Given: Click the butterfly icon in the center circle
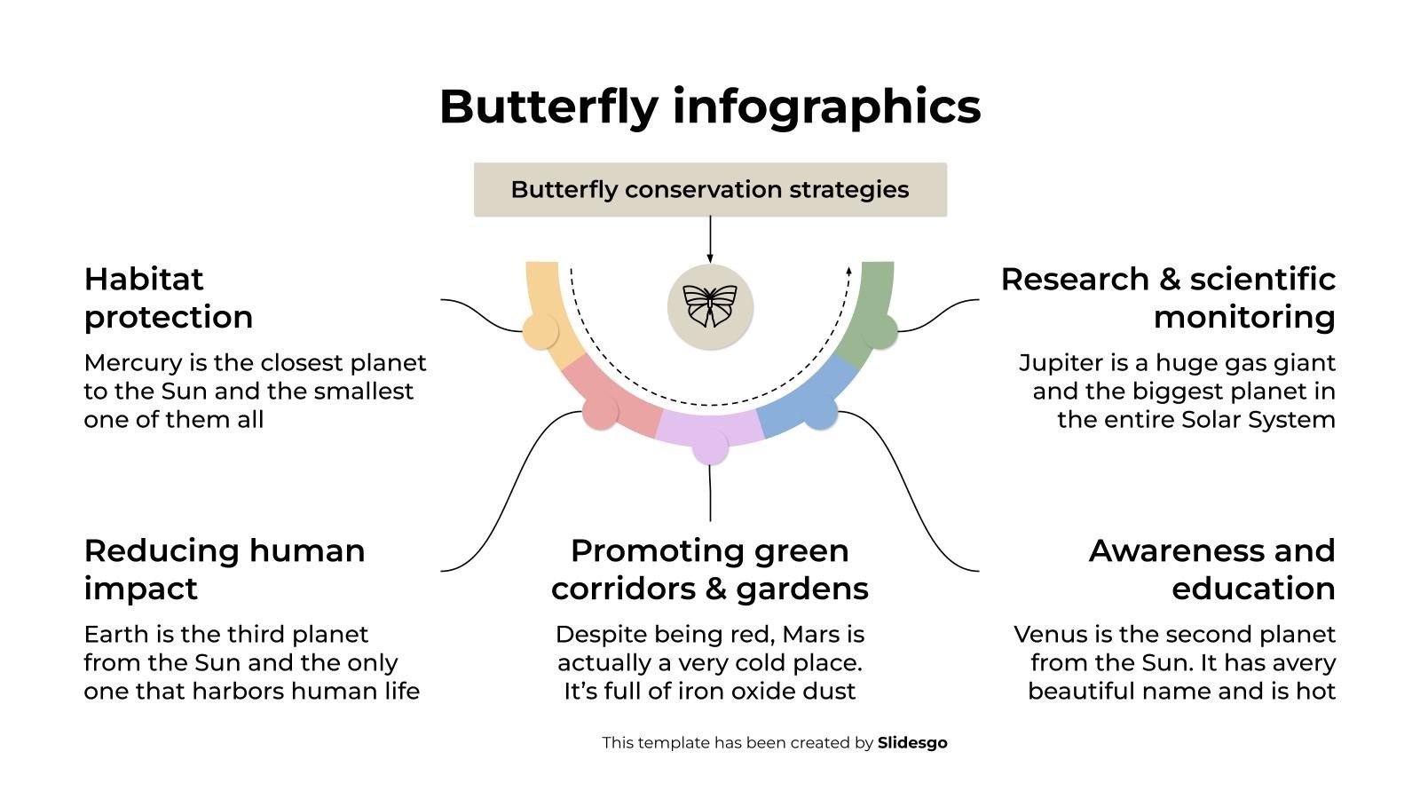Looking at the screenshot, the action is [x=710, y=306].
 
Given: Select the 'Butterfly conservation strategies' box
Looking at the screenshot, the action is [x=710, y=189].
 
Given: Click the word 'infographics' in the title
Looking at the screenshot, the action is [x=826, y=107].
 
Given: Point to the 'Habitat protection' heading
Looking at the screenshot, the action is [x=169, y=297].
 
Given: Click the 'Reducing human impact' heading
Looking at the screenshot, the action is [x=224, y=569].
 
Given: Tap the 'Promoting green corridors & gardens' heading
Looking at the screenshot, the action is [x=710, y=569].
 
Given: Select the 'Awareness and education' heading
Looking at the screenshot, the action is [x=1211, y=569].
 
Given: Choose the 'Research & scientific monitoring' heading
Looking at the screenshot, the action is [x=1168, y=297].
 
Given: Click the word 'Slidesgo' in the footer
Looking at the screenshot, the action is [x=912, y=743].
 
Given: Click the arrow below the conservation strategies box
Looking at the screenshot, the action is [x=710, y=240].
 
